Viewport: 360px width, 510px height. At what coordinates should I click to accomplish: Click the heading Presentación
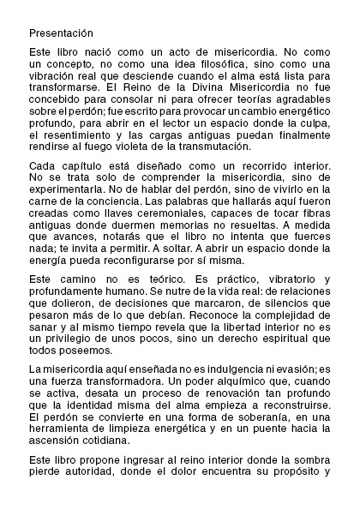(x=60, y=33)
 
